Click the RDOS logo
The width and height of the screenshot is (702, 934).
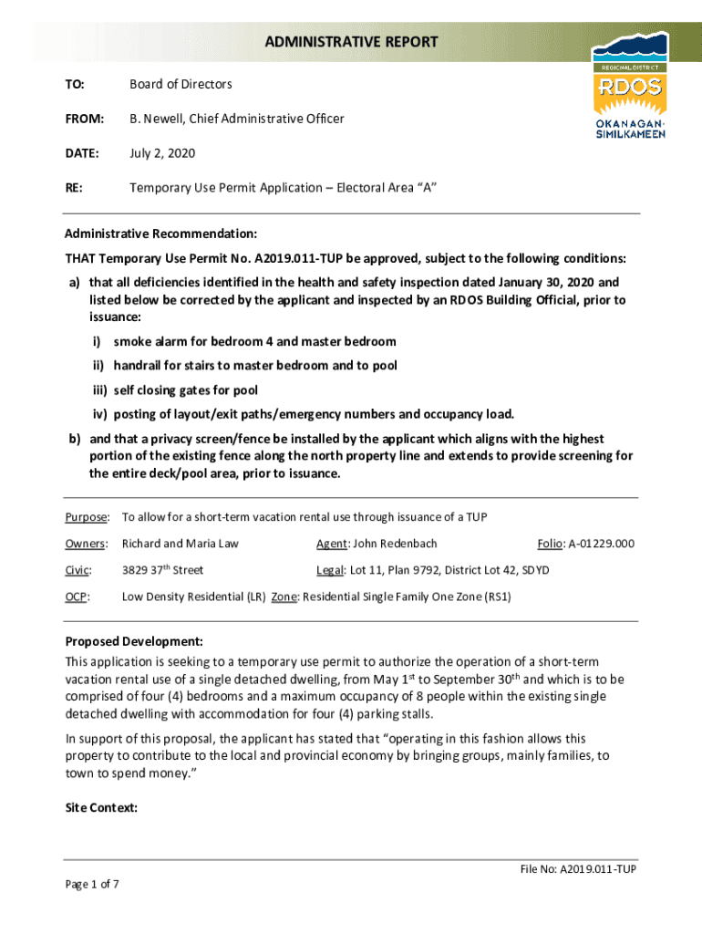[x=629, y=88]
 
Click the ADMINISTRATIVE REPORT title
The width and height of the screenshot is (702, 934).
[x=351, y=42]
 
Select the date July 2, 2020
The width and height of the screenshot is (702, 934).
[x=162, y=153]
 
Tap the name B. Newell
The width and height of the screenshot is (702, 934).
[x=154, y=119]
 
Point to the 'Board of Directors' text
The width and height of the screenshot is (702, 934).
[x=181, y=84]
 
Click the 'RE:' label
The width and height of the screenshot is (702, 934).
[x=74, y=188]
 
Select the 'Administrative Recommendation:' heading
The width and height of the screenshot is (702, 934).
[x=160, y=233]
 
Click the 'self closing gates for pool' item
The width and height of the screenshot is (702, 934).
[x=186, y=389]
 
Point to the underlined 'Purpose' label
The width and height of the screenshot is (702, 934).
[x=87, y=517]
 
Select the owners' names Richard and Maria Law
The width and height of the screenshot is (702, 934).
[x=180, y=544]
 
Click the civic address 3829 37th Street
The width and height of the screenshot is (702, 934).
[x=162, y=570]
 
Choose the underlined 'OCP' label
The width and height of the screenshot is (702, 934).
[x=77, y=597]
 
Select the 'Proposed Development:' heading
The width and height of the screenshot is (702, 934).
[x=133, y=640]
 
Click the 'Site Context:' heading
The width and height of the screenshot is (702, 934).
[x=101, y=807]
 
